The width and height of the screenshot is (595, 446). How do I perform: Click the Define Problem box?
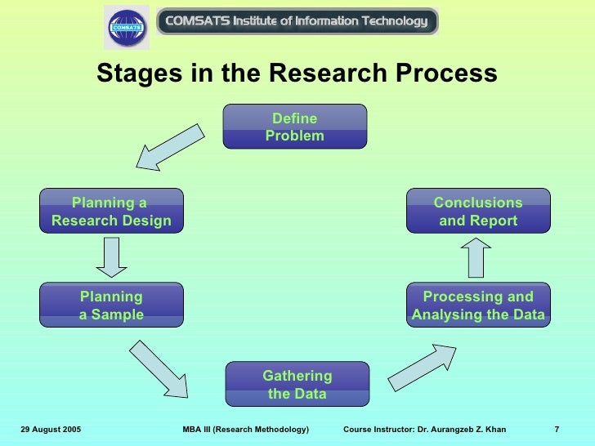coord(295,127)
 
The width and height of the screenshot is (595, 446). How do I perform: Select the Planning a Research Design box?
coord(111,212)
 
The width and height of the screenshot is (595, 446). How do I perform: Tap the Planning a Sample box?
coord(111,306)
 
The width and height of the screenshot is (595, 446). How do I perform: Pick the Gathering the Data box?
coord(297,385)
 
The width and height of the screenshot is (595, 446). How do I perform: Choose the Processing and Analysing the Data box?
coord(478,306)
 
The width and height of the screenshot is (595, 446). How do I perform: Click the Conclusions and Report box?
coord(478,212)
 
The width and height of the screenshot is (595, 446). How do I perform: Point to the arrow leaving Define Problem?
coord(169,148)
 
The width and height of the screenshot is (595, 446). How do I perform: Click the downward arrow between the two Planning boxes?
coord(111,257)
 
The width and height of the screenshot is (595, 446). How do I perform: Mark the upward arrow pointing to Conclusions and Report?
coord(479,258)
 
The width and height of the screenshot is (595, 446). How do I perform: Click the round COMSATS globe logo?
coord(127,28)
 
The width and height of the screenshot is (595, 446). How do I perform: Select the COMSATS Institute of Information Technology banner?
coord(297,21)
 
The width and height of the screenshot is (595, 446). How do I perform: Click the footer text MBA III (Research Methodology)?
coord(246,430)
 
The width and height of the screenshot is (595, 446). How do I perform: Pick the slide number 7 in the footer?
coord(557,430)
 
